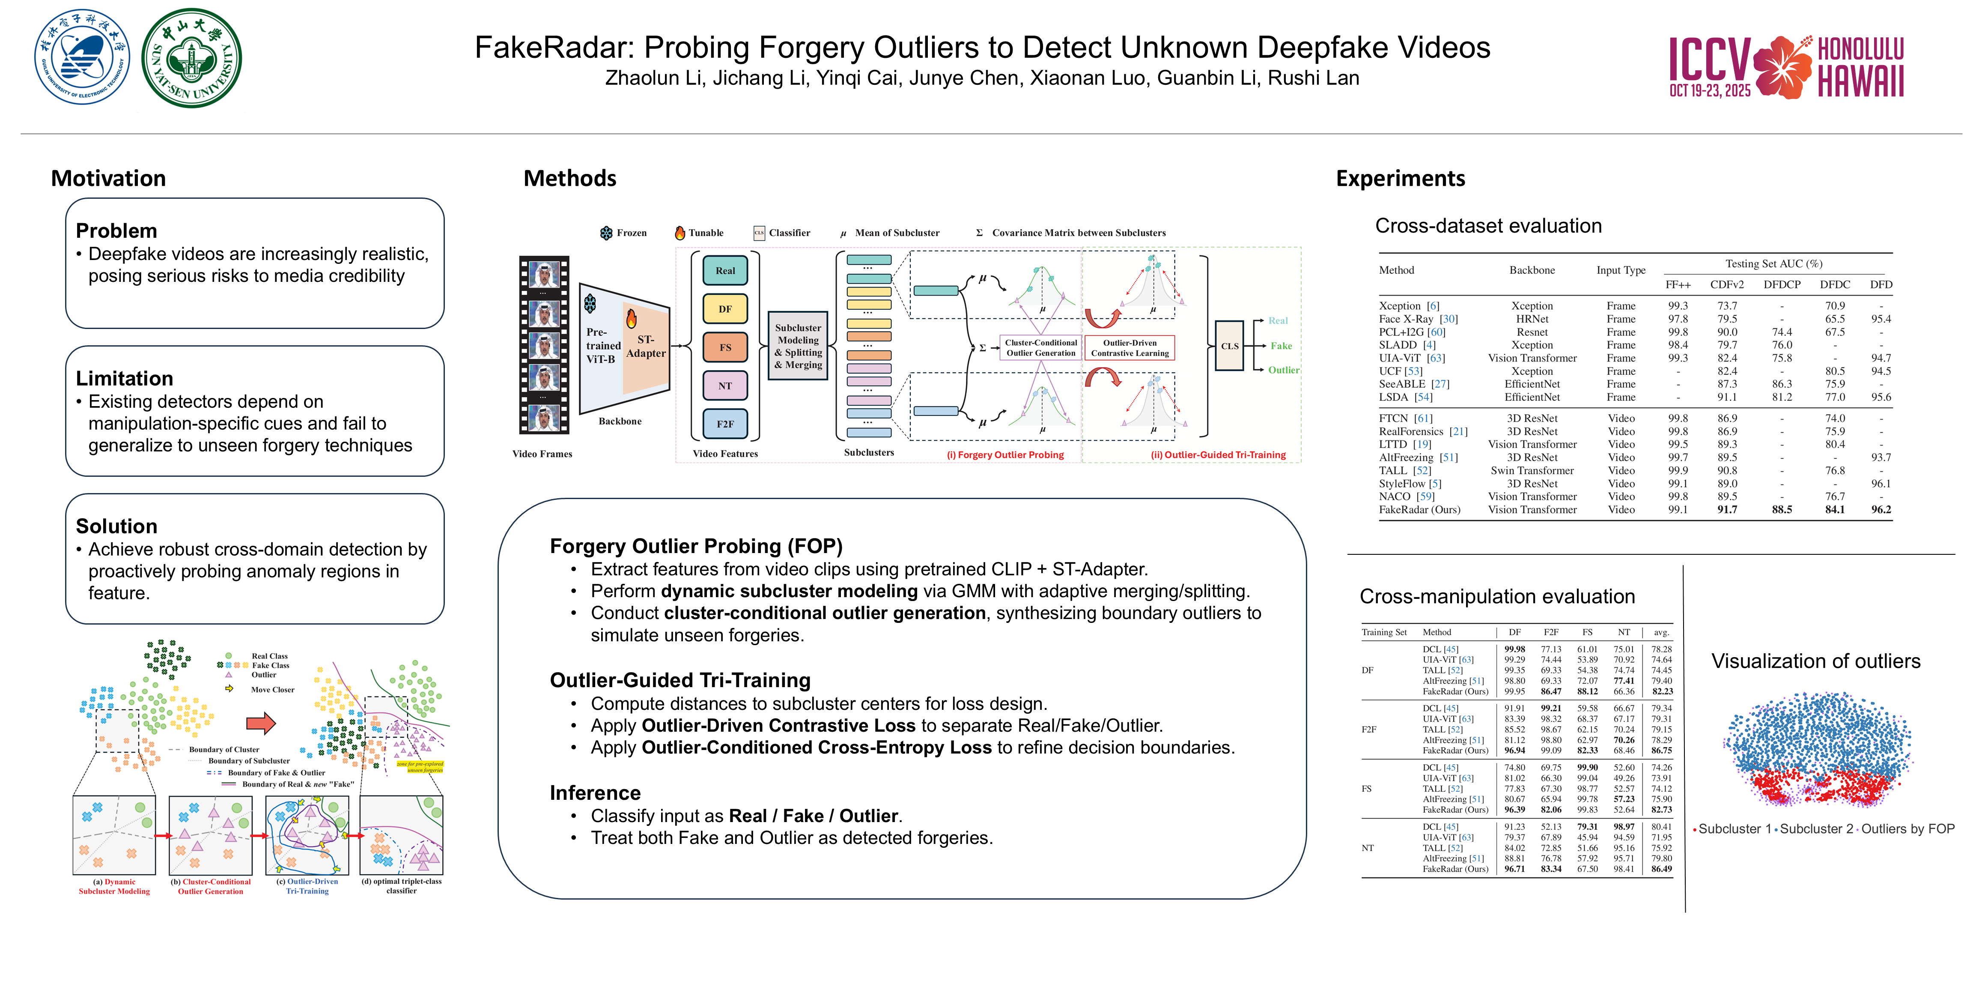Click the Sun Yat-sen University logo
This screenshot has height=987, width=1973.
191,58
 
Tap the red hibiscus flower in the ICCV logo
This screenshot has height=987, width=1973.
1782,67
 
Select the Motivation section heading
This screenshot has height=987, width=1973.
108,179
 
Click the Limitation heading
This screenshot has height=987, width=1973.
124,379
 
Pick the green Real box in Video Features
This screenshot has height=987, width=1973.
724,270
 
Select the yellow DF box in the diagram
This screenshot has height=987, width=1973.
724,309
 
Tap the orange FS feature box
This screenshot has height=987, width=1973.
724,347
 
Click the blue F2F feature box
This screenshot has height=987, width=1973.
724,424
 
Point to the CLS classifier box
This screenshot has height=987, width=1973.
1229,346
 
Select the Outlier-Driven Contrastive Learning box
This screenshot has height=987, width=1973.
1130,348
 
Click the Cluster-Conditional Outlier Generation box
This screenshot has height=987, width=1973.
1041,348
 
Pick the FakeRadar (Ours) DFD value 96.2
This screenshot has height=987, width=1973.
1881,510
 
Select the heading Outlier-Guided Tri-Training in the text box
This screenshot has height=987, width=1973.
680,680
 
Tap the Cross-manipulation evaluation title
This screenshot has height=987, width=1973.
1496,596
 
